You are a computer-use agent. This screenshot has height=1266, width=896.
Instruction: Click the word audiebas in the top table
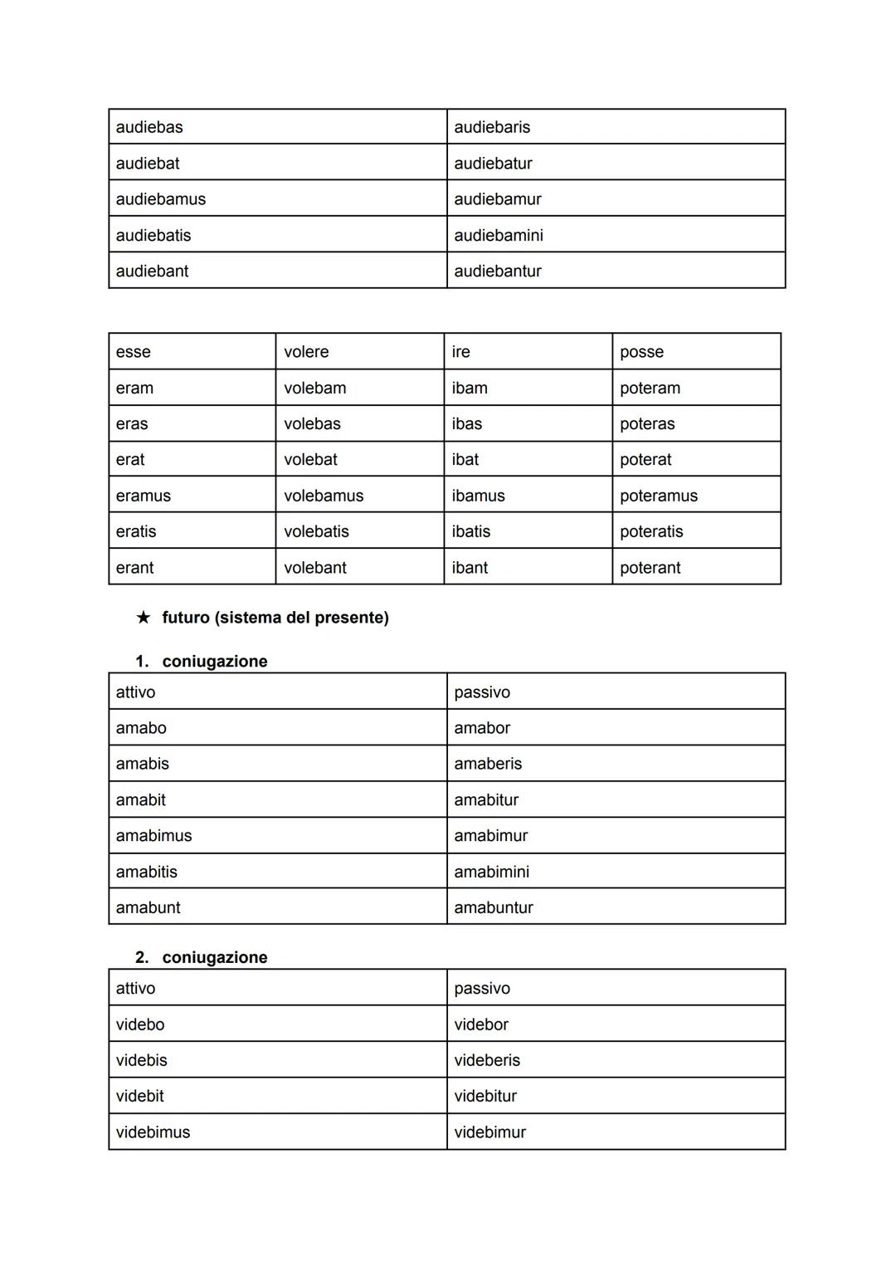[149, 127]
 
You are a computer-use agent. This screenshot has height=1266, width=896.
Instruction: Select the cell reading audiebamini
[498, 235]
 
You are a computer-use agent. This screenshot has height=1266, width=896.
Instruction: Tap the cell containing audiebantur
[497, 271]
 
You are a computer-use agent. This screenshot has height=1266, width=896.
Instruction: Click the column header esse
[134, 352]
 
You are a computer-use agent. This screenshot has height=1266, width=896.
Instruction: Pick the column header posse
[641, 352]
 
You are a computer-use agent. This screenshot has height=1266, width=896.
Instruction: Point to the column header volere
[306, 352]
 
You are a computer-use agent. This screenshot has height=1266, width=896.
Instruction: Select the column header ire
[461, 352]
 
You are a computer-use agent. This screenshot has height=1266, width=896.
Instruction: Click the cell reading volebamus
[324, 496]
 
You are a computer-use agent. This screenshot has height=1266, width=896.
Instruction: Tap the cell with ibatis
[471, 531]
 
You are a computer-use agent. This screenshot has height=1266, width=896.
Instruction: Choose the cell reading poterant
[650, 568]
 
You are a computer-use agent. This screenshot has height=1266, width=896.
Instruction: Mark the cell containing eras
[132, 424]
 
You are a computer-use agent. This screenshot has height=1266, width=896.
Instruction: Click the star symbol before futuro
[144, 618]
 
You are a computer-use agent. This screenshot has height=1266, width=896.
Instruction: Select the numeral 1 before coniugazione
[141, 662]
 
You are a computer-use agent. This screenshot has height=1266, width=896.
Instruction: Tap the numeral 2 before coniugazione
[141, 957]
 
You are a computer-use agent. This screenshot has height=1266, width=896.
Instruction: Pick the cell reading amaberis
[488, 764]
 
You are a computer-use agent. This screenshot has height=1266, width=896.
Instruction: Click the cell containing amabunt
[149, 907]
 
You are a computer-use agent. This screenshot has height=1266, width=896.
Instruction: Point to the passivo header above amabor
[482, 692]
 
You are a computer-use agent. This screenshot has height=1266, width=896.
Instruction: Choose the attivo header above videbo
[136, 988]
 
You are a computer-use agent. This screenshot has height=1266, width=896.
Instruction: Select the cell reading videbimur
[489, 1132]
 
